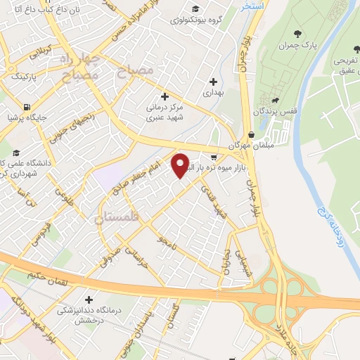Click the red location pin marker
[x=181, y=165]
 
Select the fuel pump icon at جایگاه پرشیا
[x=27, y=108]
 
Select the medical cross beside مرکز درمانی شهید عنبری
[x=165, y=96]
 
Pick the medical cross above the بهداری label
[x=212, y=82]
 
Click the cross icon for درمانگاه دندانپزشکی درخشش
[x=88, y=299]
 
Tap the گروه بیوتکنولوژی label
[x=199, y=20]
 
